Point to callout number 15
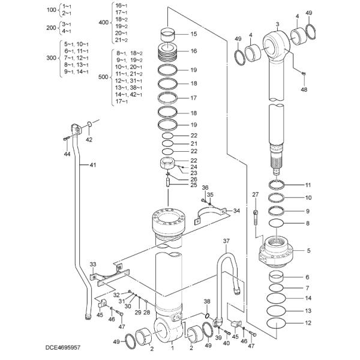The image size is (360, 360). click(x=193, y=34)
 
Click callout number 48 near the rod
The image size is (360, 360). click(x=304, y=89)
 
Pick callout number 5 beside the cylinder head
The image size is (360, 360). click(x=308, y=251)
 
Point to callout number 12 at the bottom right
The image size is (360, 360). click(x=308, y=323)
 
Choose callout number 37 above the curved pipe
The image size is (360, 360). click(x=226, y=241)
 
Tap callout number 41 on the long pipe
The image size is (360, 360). click(x=92, y=165)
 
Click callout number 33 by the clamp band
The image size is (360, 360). click(x=93, y=263)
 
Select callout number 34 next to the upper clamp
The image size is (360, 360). click(x=236, y=211)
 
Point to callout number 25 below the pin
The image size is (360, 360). click(x=193, y=185)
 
